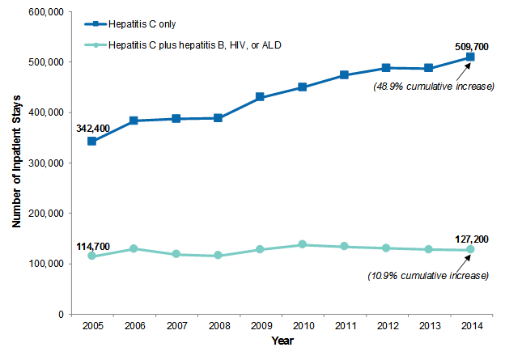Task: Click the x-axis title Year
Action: (282, 341)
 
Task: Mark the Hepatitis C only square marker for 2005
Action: (92, 142)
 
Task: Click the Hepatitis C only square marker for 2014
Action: (470, 57)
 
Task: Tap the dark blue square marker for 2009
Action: (260, 97)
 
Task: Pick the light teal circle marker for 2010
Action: (302, 244)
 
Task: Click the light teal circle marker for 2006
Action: (134, 248)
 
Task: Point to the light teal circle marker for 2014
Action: (470, 250)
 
